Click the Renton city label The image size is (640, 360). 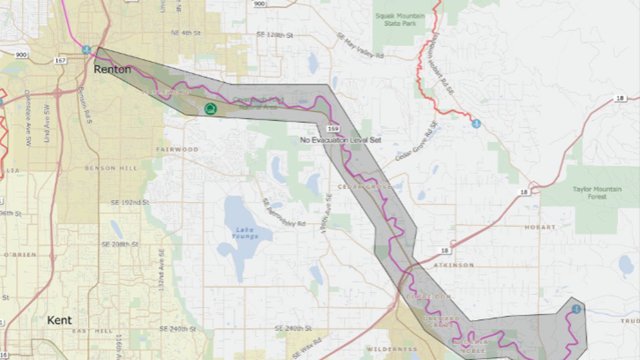(112, 69)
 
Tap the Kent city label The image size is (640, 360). (58, 320)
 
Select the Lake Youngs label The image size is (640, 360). (244, 233)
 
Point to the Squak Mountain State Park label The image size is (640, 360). (400, 19)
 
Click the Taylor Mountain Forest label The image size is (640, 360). (597, 193)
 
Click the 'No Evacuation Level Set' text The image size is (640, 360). (341, 140)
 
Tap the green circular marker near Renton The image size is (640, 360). (209, 109)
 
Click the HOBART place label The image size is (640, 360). (540, 227)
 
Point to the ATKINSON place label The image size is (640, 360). (453, 265)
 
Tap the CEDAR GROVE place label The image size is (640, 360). (364, 186)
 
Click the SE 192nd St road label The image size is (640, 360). (130, 203)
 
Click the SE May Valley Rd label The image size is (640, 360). (359, 46)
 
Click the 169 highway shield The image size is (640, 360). (332, 128)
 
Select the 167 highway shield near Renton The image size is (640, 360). (60, 60)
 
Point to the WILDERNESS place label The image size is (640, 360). (391, 349)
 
